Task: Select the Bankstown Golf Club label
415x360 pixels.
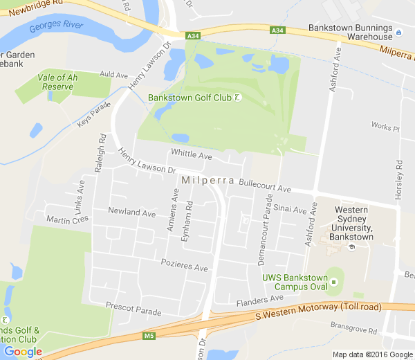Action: pos(189,98)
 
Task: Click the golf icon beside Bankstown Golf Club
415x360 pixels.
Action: pos(238,98)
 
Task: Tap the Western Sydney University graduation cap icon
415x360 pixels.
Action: pos(352,247)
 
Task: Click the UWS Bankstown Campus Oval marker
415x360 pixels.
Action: pos(334,282)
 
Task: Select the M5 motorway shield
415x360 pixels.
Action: pos(149,336)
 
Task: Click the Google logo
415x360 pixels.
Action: pos(23,352)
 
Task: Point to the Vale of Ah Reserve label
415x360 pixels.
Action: pos(57,82)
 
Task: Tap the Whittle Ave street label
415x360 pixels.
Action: pos(192,156)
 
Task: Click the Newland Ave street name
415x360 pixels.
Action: pos(131,213)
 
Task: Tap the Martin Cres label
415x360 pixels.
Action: pos(67,219)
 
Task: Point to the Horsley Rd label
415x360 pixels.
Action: pos(399,180)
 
